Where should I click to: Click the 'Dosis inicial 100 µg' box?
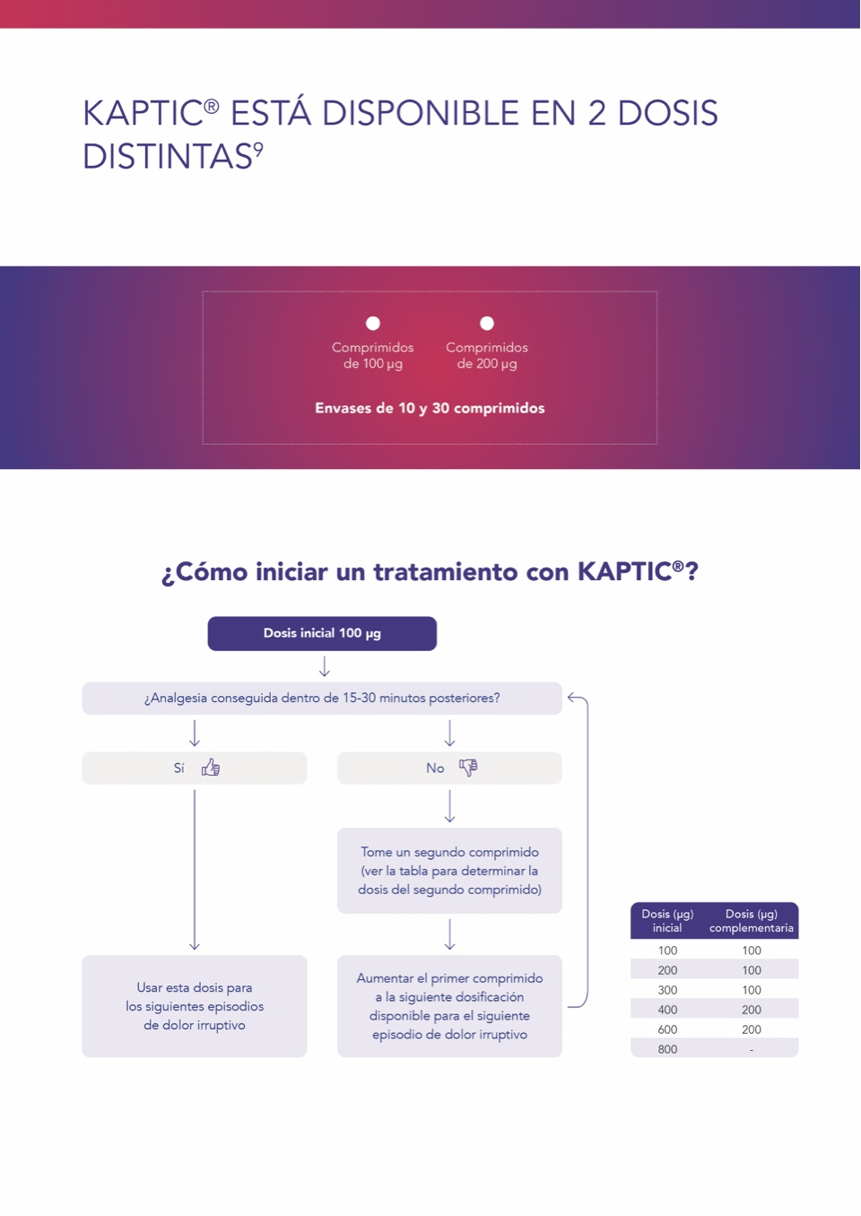click(322, 633)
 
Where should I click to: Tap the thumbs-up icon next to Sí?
click(211, 767)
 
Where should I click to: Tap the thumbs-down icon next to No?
click(468, 768)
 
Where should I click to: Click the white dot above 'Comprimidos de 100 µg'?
click(373, 324)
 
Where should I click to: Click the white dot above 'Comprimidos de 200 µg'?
click(487, 324)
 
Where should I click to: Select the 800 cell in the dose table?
click(667, 1049)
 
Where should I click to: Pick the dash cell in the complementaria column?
click(752, 1050)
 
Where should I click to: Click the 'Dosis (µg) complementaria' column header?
click(752, 921)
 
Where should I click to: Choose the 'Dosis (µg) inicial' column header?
click(667, 921)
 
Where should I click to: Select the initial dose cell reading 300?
click(667, 990)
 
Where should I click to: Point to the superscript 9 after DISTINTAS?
click(258, 148)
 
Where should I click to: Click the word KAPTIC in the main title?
click(143, 113)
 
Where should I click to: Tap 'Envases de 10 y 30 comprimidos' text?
click(430, 408)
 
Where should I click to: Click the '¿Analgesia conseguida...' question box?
click(322, 698)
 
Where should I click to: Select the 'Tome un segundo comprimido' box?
click(449, 871)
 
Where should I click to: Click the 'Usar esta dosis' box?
click(195, 1006)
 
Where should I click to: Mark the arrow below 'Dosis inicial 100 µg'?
click(324, 666)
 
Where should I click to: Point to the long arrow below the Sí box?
click(195, 870)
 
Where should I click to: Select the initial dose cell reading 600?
click(667, 1029)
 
